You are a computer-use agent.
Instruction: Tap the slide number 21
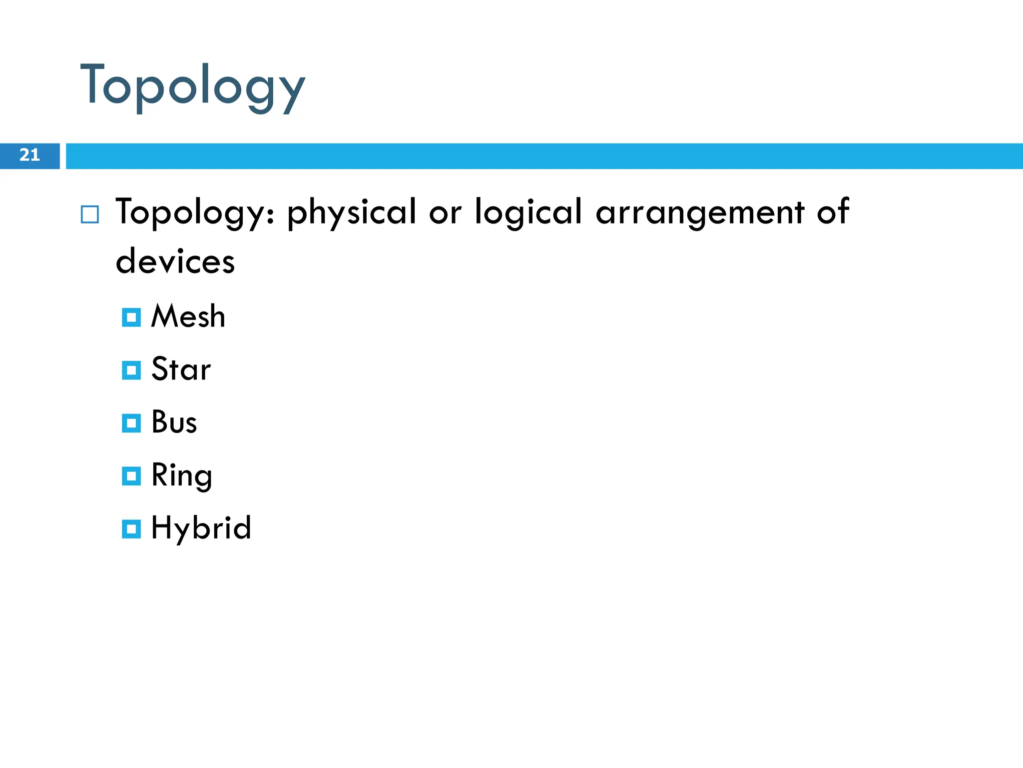coord(29,155)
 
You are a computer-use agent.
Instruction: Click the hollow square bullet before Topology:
coord(90,214)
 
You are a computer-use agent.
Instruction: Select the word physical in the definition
coord(351,212)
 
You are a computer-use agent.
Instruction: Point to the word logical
coord(528,212)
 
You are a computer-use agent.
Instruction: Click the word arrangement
coord(700,212)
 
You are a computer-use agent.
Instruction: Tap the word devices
coord(175,261)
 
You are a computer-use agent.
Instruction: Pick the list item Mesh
coord(188,316)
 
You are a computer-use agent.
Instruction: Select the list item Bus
coord(174,422)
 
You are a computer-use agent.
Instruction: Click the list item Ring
coord(181,475)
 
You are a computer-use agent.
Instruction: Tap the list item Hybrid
coord(201,528)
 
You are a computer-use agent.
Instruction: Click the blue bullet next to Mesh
coord(131,317)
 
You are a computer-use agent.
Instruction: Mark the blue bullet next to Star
coord(131,370)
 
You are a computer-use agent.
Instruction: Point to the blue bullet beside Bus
coord(131,423)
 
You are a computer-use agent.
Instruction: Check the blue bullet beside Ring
coord(131,476)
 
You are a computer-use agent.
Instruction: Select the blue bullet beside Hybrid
coord(131,529)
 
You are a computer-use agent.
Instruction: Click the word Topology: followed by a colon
coord(195,212)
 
